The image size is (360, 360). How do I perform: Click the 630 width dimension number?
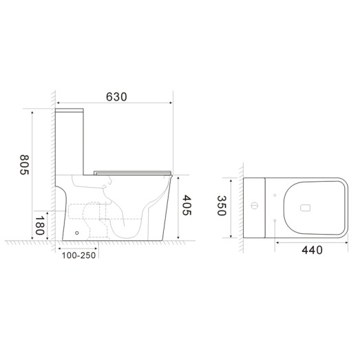coord(116,96)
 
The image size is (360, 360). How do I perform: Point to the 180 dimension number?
coord(40,226)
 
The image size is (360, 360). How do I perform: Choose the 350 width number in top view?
coord(221,206)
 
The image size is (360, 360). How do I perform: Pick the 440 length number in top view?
coord(312,250)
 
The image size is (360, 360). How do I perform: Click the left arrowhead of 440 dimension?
coord(275,242)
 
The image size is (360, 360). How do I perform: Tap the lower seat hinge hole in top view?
coord(274,220)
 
